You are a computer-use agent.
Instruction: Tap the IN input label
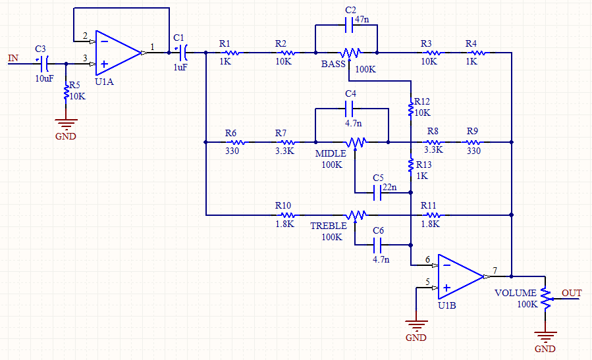[x=13, y=58]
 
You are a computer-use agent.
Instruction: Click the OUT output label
[x=572, y=292]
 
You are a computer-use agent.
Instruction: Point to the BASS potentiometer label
[x=334, y=64]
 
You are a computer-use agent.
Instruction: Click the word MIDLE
[x=331, y=153]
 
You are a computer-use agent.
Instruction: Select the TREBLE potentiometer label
[x=329, y=226]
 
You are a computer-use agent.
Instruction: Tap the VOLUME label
[x=516, y=292]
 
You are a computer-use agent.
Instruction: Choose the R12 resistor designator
[x=421, y=102]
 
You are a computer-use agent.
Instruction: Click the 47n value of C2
[x=362, y=19]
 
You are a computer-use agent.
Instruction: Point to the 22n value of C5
[x=390, y=188]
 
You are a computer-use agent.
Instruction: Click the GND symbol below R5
[x=66, y=124]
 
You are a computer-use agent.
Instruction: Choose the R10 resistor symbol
[x=286, y=215]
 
